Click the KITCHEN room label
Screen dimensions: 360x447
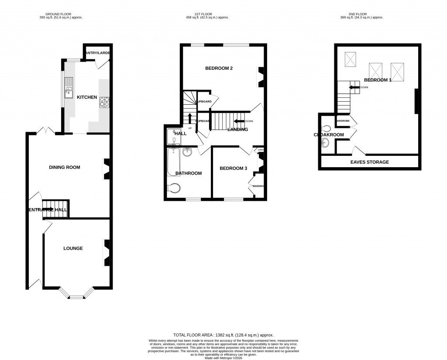[87, 97]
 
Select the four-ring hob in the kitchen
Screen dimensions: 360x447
[105, 102]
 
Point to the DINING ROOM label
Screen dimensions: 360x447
[65, 167]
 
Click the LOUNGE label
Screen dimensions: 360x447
[73, 248]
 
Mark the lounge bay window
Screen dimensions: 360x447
[77, 296]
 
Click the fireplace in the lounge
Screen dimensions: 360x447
[106, 253]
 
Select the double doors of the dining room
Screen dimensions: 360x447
[46, 130]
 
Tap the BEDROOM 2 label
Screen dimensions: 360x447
[219, 68]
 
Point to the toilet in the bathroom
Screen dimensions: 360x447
[174, 189]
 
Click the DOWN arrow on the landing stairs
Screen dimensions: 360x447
[240, 121]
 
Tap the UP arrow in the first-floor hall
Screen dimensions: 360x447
[190, 118]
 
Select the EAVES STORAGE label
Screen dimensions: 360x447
[369, 162]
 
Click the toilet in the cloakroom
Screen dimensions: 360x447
[327, 128]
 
